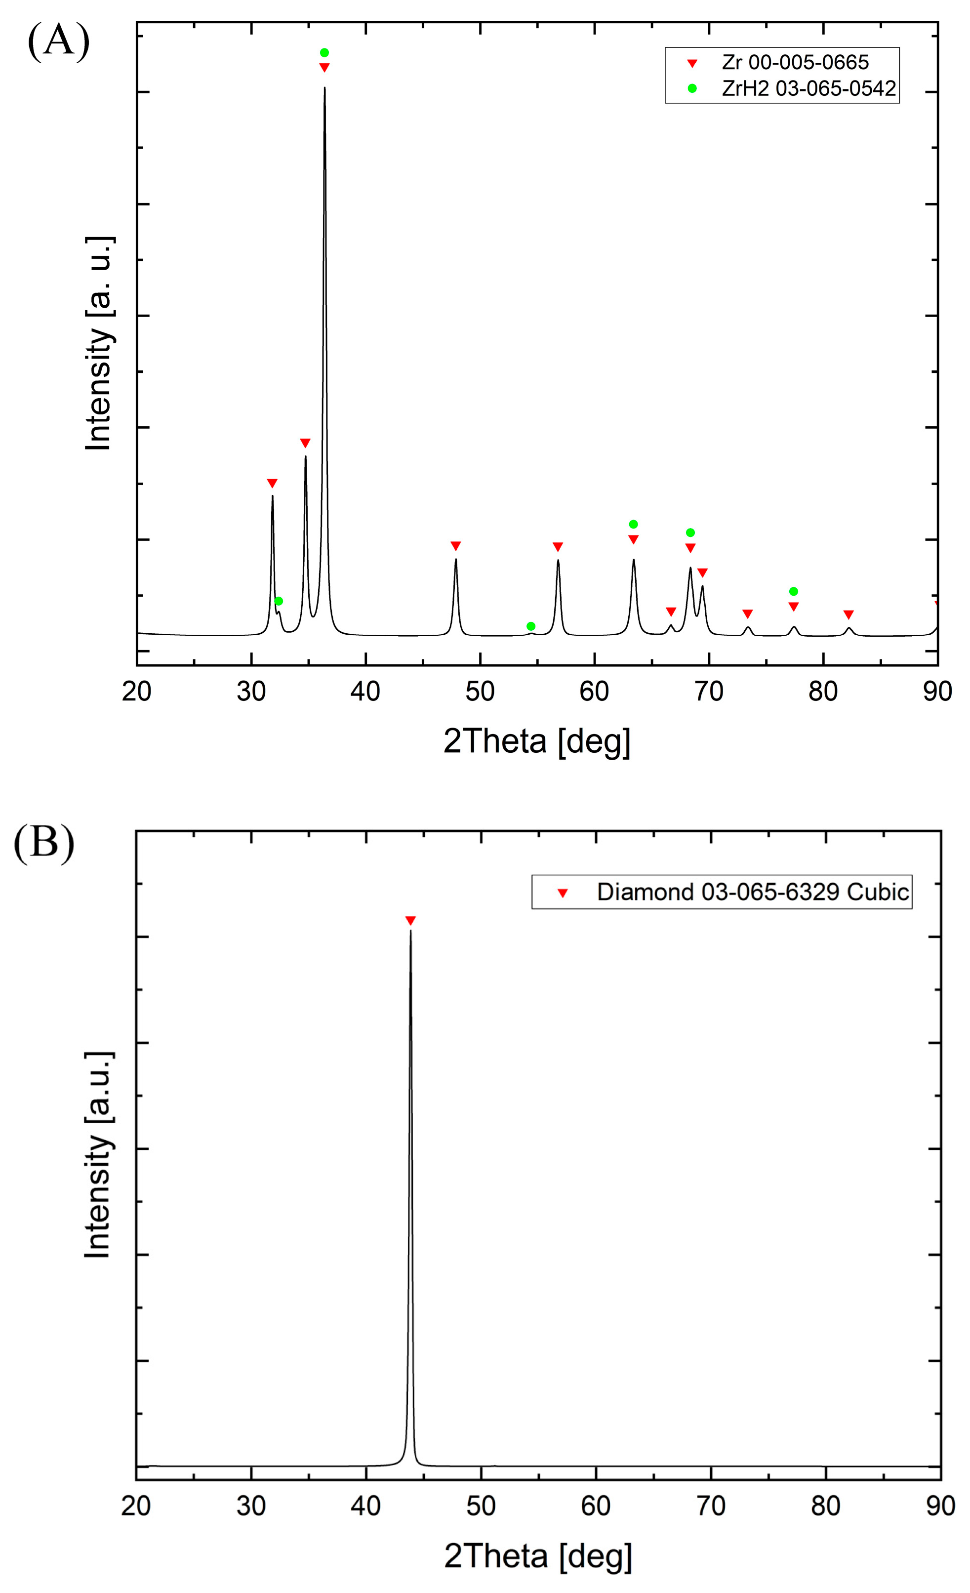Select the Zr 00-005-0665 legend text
click(x=795, y=63)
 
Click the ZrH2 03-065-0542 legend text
click(x=808, y=88)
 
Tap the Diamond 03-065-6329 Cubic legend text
click(x=752, y=892)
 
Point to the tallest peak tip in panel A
click(x=324, y=88)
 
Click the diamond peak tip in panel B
click(x=410, y=932)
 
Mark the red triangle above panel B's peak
click(x=410, y=921)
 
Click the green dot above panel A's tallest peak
click(x=324, y=52)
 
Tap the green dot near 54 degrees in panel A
click(x=530, y=626)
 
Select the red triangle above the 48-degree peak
click(x=455, y=546)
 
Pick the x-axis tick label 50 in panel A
click(x=480, y=692)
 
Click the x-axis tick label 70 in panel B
click(x=710, y=1507)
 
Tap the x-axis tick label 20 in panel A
click(x=136, y=692)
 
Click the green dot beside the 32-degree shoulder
click(x=279, y=601)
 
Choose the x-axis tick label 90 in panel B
click(x=940, y=1507)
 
